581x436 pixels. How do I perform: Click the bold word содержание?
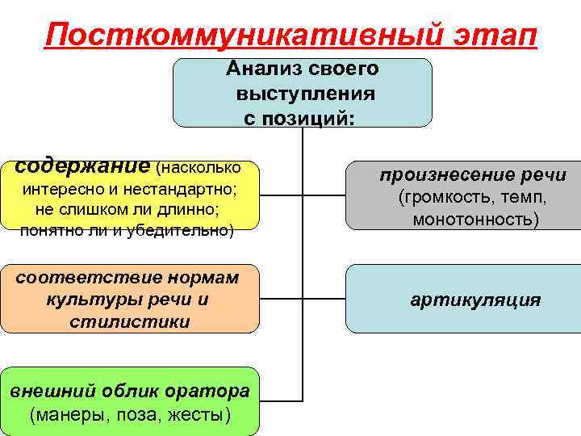point(83,166)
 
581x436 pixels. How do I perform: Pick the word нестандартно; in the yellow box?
point(182,191)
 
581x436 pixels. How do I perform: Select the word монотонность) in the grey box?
point(475,219)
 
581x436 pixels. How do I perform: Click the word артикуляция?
point(475,301)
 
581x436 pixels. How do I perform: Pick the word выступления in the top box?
point(305,93)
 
